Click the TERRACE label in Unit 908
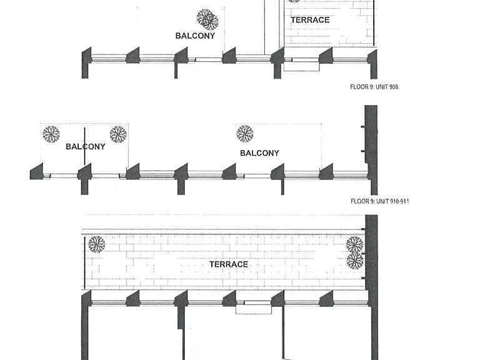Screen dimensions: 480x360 (310, 20)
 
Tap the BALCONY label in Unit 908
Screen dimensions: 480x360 (195, 36)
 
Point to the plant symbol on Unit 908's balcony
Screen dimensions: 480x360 (207, 19)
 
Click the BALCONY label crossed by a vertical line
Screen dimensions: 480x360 (86, 147)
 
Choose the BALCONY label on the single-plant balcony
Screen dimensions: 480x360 (259, 153)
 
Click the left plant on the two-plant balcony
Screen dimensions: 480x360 (51, 134)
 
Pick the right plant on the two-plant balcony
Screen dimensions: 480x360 (118, 134)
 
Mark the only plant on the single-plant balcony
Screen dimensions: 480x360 (245, 134)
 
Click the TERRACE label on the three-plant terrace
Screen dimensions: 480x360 (229, 264)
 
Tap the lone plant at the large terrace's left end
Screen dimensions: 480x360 (97, 244)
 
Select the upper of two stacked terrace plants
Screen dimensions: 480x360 (355, 245)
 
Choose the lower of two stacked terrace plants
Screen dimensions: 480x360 (355, 261)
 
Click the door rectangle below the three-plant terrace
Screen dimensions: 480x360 (254, 308)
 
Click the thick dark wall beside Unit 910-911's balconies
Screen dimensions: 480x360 (371, 150)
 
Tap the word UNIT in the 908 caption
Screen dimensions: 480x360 (381, 87)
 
